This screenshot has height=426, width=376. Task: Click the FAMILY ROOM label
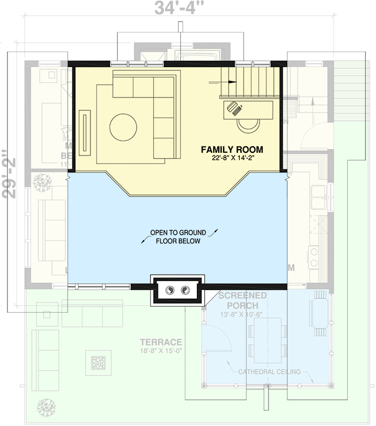tap(231, 150)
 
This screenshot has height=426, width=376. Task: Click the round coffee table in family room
tap(123, 128)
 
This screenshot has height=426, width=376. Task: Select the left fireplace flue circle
tap(170, 290)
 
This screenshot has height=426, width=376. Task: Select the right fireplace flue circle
tap(185, 290)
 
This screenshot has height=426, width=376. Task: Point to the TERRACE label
tap(161, 342)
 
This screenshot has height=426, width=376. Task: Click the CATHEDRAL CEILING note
tap(269, 372)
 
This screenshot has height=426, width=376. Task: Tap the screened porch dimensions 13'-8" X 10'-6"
tap(242, 314)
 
